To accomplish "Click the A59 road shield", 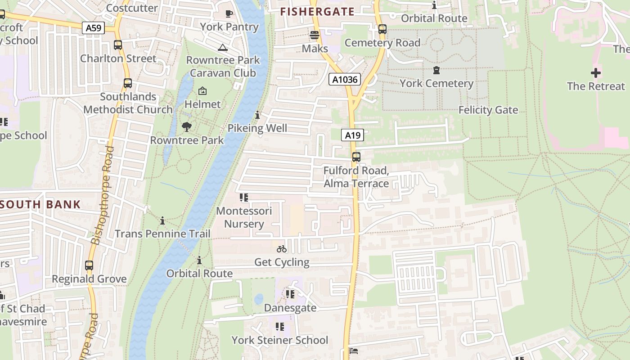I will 94,28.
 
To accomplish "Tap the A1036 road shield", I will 344,80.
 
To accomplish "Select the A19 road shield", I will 352,135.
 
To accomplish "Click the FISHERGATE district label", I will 317,12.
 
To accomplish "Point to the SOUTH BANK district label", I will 40,204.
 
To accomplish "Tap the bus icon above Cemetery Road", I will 382,29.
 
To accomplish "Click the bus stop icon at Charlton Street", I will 118,45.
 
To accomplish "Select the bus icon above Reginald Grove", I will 89,265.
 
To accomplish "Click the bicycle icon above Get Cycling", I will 282,249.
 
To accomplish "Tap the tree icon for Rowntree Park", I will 187,127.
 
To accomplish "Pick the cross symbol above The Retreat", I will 596,72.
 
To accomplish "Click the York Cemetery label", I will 436,83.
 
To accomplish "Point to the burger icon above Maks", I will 315,35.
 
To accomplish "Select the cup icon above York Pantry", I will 229,13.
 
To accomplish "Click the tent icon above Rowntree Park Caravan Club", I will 222,47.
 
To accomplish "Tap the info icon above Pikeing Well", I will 257,115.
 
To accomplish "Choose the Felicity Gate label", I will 488,110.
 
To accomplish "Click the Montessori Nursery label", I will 244,217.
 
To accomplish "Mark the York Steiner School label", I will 279,340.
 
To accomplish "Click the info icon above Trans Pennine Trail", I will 162,220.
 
